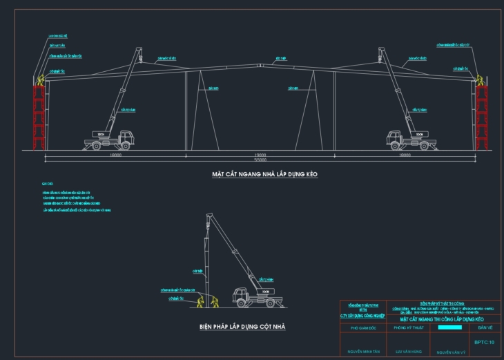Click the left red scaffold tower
tap(39, 117)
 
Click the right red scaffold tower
tap(481, 117)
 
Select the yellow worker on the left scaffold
tap(40, 80)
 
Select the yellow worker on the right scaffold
tap(479, 80)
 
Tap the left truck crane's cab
tap(125, 137)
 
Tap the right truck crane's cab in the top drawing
tap(394, 137)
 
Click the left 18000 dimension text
tap(115, 156)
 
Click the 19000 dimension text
tap(260, 156)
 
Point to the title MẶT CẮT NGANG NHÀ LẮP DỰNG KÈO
tap(260, 175)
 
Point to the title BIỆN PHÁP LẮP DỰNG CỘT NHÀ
tap(242, 326)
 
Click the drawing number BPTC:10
tap(485, 341)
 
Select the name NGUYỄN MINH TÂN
tap(365, 352)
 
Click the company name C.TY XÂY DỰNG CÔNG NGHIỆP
tap(365, 316)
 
